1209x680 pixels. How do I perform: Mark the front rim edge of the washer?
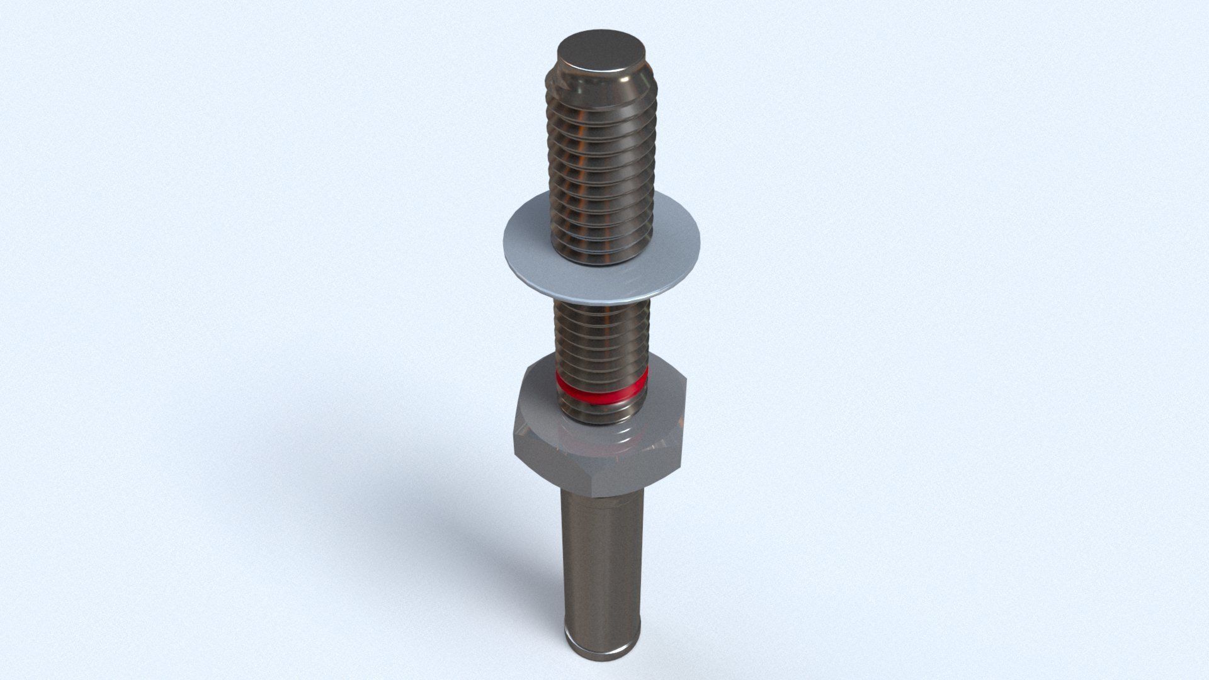pyautogui.click(x=604, y=297)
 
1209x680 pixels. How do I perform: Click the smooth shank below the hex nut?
pyautogui.click(x=601, y=554)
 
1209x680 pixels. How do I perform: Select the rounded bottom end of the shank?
pyautogui.click(x=601, y=655)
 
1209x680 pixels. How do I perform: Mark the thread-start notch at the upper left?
pyautogui.click(x=553, y=79)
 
